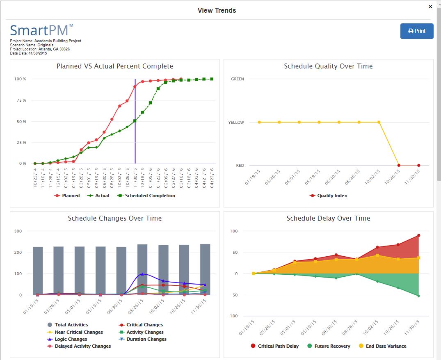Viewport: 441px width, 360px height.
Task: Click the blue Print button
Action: coord(417,31)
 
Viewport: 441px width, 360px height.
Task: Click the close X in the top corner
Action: coord(430,7)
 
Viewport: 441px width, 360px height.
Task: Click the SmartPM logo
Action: coord(41,31)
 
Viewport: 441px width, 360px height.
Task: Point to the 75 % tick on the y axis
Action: coord(21,100)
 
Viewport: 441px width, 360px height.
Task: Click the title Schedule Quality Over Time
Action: coord(328,66)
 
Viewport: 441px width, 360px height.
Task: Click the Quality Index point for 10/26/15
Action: coord(399,165)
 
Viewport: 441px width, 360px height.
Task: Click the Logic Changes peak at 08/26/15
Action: coord(142,274)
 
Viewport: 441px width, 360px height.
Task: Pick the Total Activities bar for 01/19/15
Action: coord(38,271)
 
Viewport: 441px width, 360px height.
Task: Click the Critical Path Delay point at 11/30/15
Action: coord(418,235)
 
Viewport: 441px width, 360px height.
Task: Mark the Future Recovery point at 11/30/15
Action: coord(418,296)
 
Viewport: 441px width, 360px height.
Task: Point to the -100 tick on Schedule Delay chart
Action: coord(233,316)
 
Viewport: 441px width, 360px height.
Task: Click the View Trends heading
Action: coord(217,10)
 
